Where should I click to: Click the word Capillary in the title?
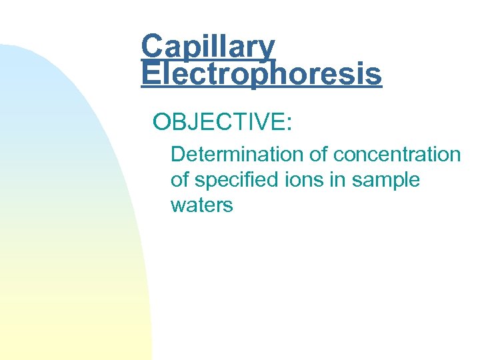[x=207, y=47]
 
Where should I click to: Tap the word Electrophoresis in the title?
[x=261, y=73]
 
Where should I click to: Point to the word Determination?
[x=237, y=155]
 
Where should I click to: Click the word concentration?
[x=397, y=155]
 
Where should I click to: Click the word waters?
[x=202, y=205]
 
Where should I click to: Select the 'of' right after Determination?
[x=319, y=155]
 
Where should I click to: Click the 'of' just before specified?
[x=180, y=180]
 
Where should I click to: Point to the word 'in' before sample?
[x=346, y=180]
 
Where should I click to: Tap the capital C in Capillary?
[x=152, y=47]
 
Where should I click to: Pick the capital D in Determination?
[x=178, y=155]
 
